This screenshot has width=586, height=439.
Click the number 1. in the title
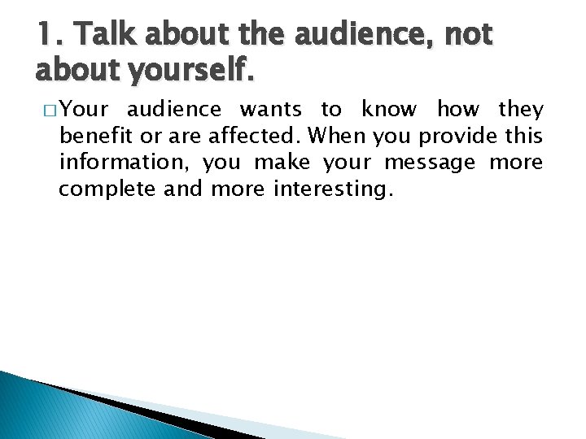click(50, 36)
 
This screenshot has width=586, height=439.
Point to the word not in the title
click(470, 36)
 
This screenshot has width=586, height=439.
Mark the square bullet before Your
click(47, 110)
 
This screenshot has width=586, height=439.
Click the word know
click(389, 109)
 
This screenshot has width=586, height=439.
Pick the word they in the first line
click(519, 109)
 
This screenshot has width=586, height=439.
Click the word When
click(341, 136)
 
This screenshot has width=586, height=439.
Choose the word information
click(123, 163)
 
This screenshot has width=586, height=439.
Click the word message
click(430, 163)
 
